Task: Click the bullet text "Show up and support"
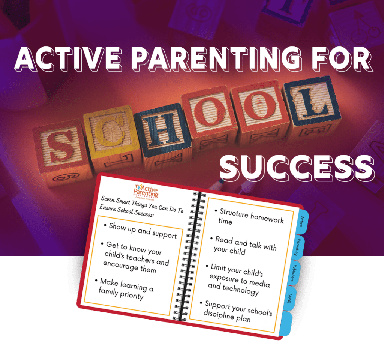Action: [x=142, y=230]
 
